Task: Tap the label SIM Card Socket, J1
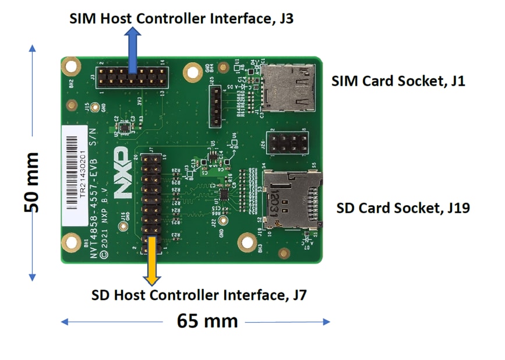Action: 398,81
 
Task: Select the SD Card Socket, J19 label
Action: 403,208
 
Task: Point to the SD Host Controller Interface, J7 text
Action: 199,295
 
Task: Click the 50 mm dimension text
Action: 30,182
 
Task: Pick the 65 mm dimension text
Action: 208,320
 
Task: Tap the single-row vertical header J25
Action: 216,106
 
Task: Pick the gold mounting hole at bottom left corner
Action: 71,241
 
